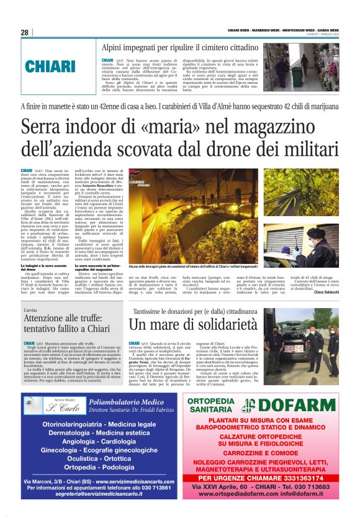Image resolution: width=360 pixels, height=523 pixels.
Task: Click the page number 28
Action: click(25, 32)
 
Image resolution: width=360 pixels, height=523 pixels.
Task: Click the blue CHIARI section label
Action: click(50, 66)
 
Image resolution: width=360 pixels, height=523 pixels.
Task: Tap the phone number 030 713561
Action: click(153, 488)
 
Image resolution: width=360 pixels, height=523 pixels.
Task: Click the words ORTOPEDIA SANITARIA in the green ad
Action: click(221, 406)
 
